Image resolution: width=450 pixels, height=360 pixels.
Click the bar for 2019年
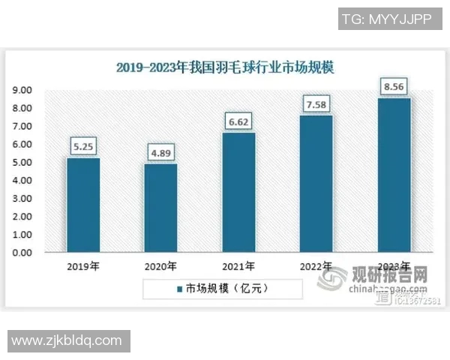[x=83, y=205]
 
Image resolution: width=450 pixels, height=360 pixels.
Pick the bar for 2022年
[x=316, y=184]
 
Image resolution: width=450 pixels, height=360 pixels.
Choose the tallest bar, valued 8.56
[x=394, y=175]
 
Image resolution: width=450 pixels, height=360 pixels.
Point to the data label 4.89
[x=161, y=153]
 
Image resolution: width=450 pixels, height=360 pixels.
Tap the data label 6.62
[x=239, y=121]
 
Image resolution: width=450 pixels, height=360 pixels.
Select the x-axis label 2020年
[x=161, y=265]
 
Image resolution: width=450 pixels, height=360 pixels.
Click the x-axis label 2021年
[x=239, y=265]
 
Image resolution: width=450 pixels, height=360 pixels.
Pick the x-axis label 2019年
[x=84, y=265]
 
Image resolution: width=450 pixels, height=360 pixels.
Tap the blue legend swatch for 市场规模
[x=180, y=287]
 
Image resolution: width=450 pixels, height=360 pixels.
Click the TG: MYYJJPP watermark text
[x=386, y=19]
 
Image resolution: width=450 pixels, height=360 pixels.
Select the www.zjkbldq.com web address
[x=67, y=340]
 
